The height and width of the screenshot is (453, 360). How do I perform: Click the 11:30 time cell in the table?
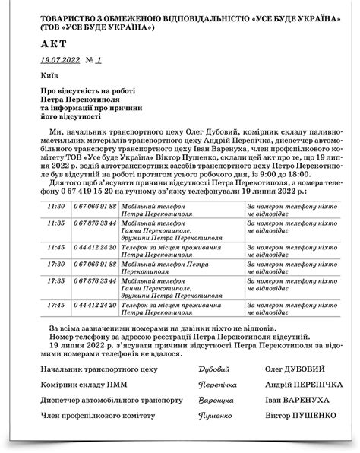pyautogui.click(x=55, y=207)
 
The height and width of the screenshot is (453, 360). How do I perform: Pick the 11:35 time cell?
pyautogui.click(x=55, y=223)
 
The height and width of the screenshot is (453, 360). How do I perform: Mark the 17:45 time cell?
pyautogui.click(x=55, y=305)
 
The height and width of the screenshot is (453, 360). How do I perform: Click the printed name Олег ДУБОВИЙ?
pyautogui.click(x=288, y=369)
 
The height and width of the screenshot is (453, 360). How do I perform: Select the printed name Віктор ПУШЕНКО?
pyautogui.click(x=292, y=417)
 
